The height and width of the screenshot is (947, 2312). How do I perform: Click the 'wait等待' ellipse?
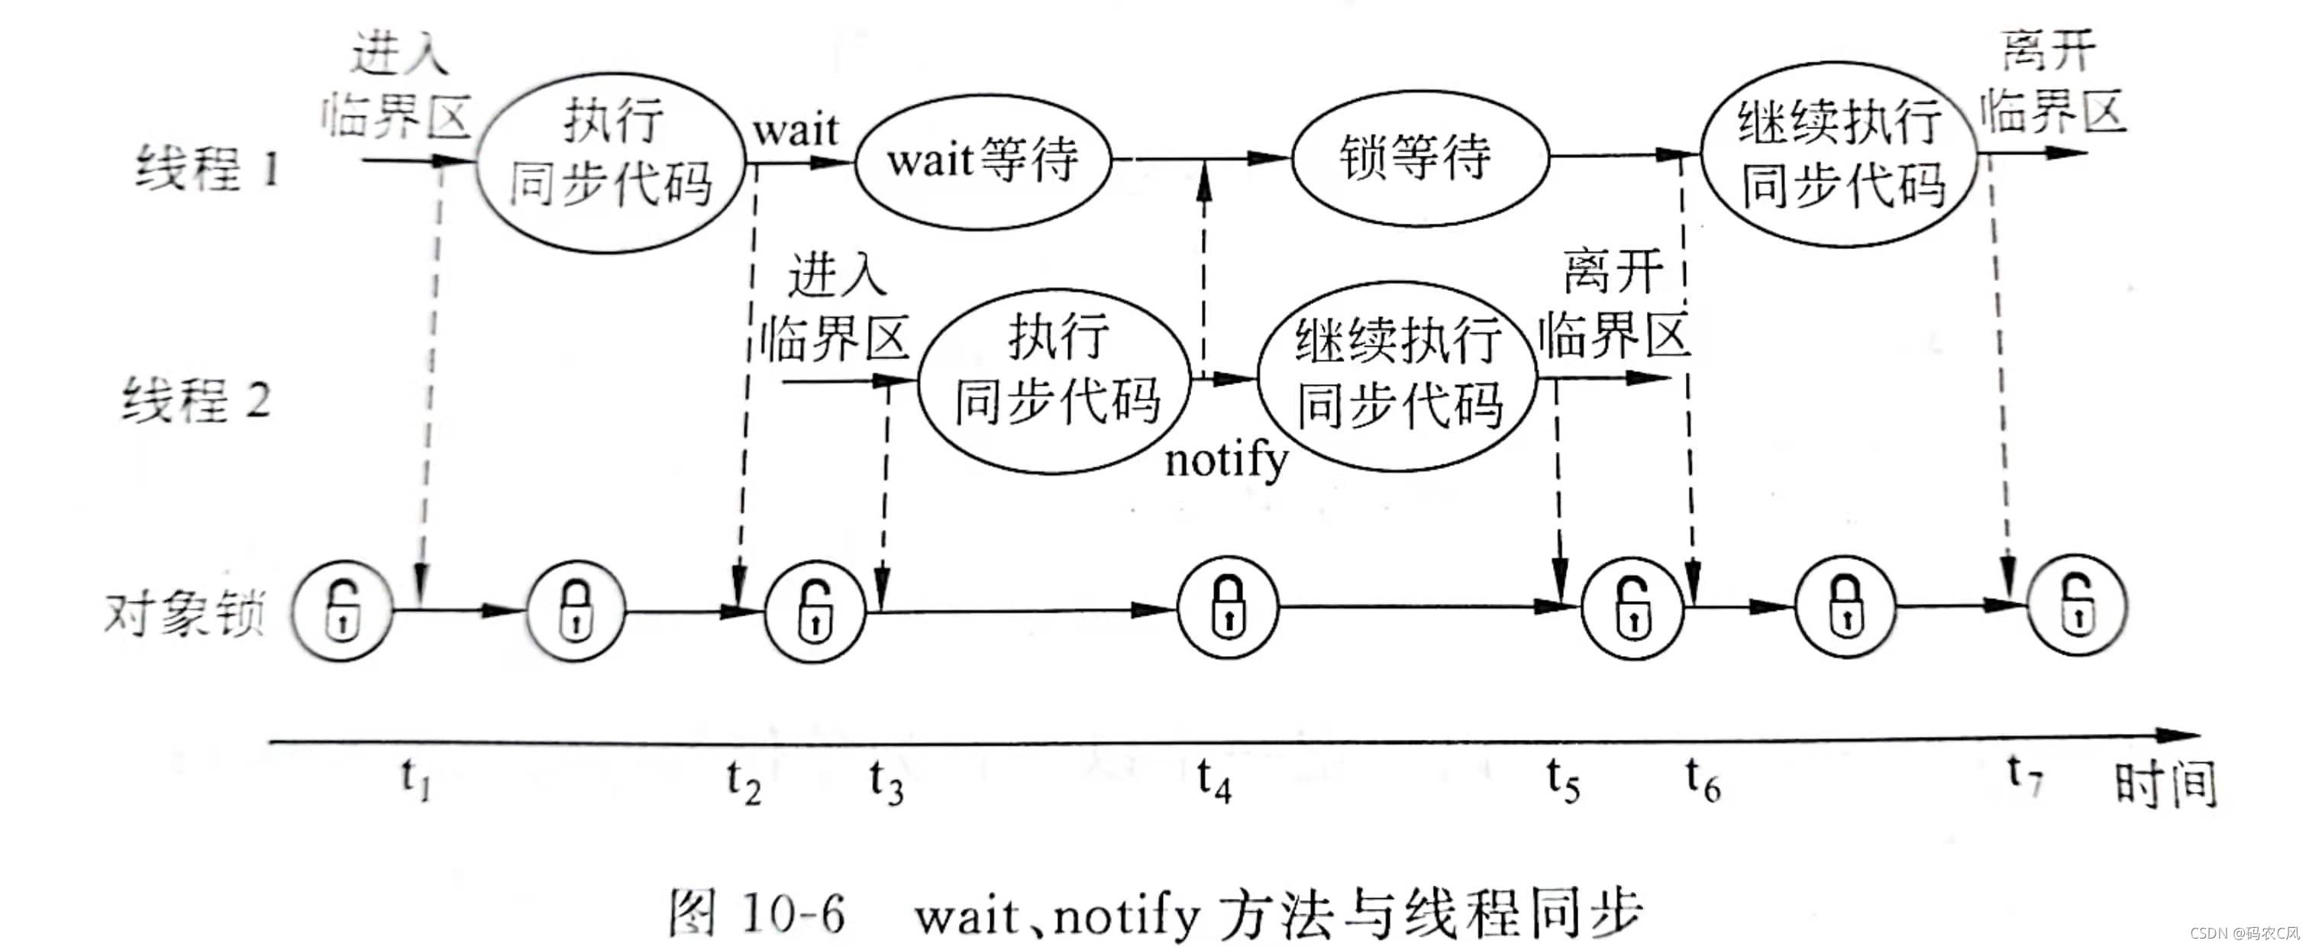click(983, 160)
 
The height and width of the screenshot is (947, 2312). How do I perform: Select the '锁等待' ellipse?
click(1420, 157)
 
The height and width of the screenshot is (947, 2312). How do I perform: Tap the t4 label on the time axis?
click(1213, 778)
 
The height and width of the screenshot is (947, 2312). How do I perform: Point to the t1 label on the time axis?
click(415, 778)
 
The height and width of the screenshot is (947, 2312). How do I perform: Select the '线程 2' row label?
click(196, 399)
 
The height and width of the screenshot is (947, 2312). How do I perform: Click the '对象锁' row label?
click(184, 614)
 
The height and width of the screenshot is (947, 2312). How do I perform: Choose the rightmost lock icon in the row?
click(2077, 605)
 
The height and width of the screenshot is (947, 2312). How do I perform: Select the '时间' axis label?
click(2165, 784)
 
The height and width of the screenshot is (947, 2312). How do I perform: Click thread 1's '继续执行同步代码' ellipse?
click(1840, 154)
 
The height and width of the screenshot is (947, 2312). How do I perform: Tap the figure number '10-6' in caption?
click(794, 915)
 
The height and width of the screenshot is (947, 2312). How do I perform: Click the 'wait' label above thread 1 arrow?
click(795, 130)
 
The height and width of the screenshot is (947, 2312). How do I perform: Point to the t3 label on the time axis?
click(886, 781)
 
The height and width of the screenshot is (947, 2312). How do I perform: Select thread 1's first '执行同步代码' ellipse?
click(611, 163)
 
